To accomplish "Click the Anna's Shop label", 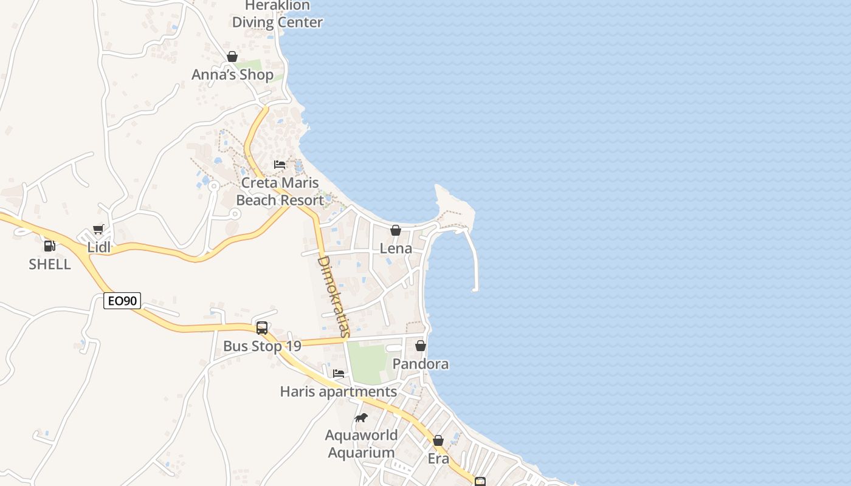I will (x=232, y=75).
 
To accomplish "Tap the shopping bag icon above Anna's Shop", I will (x=232, y=56).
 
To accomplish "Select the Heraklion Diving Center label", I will (x=277, y=14).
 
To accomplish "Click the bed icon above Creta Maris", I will (x=280, y=165).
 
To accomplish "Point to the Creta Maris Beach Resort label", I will (x=280, y=191).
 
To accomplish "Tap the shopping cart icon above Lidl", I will (x=98, y=230).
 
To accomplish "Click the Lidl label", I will (x=99, y=247).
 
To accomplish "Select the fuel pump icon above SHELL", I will (x=50, y=246).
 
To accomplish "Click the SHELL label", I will (x=50, y=264).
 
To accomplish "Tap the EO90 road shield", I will (x=122, y=301).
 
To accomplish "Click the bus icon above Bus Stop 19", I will (x=262, y=328).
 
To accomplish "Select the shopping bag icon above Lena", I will (x=396, y=230).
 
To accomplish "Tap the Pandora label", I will (x=421, y=364).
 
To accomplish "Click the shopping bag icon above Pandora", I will (x=421, y=346).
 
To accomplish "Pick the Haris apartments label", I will (x=339, y=392).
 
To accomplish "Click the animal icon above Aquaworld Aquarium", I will (x=361, y=417).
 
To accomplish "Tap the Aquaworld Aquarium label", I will (x=361, y=444).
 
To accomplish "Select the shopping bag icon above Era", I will (x=438, y=440).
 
